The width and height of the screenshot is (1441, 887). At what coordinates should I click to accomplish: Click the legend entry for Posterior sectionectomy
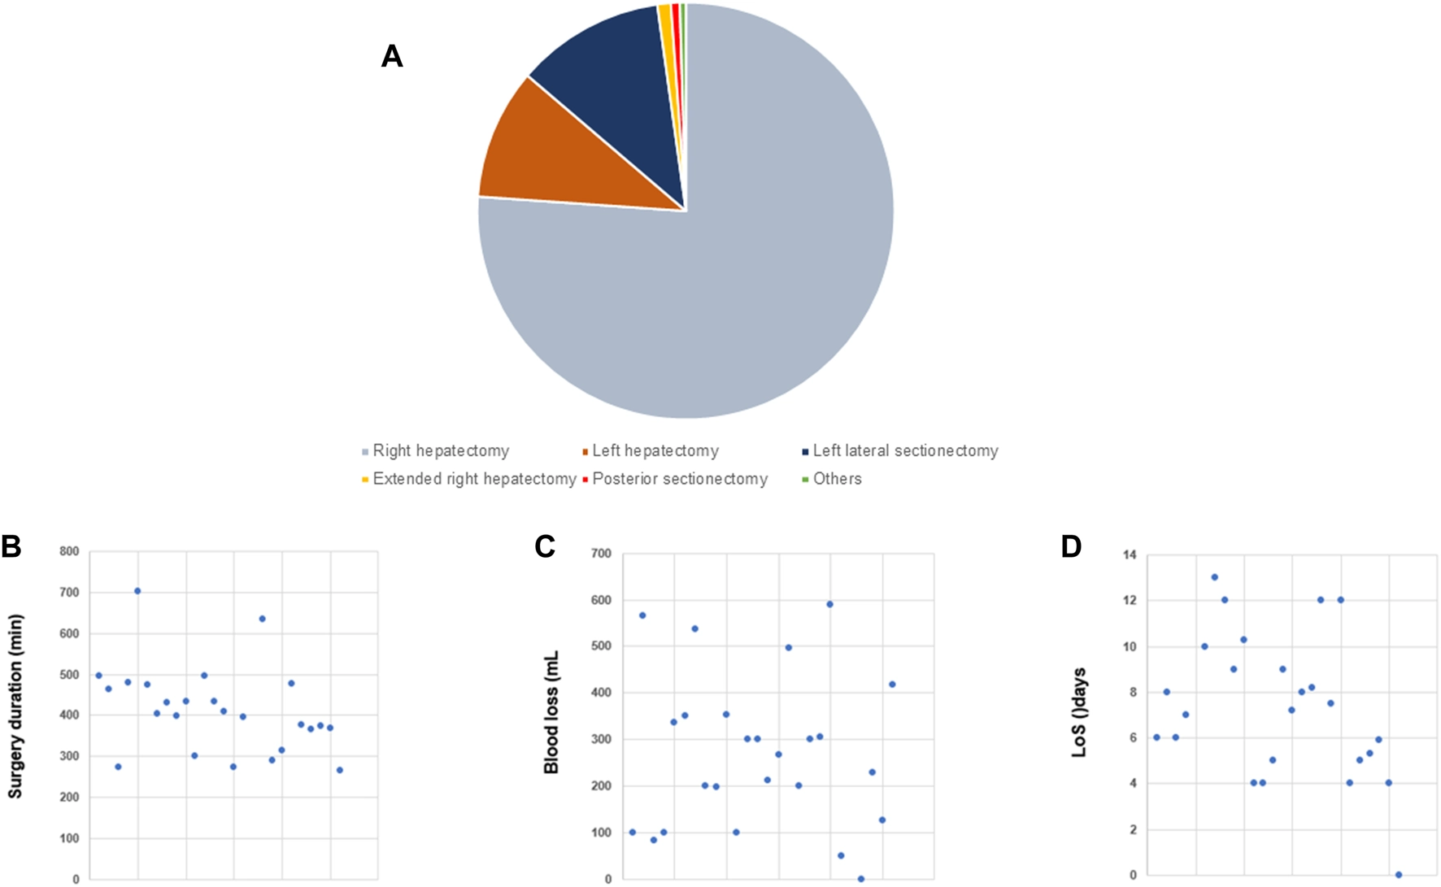[x=680, y=479]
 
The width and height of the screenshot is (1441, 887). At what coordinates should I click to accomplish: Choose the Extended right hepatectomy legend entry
[x=474, y=479]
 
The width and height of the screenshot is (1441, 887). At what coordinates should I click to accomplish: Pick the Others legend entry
[x=837, y=479]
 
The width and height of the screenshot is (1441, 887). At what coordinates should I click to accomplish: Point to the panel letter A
[x=392, y=56]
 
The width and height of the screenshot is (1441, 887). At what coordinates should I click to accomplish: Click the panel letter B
[x=11, y=547]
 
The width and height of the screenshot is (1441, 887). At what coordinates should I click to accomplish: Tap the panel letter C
[x=545, y=547]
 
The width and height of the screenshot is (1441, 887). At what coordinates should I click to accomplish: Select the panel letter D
[x=1071, y=547]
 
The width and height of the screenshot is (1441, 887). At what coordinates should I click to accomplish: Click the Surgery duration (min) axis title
[x=15, y=706]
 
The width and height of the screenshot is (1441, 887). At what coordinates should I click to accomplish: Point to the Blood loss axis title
[x=551, y=712]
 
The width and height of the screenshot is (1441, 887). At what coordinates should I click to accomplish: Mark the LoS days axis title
[x=1079, y=713]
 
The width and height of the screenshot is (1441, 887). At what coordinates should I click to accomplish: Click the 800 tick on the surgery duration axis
[x=69, y=551]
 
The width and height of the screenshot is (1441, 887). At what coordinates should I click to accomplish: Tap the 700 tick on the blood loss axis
[x=602, y=554]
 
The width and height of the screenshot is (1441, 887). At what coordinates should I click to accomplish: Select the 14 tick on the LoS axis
[x=1130, y=554]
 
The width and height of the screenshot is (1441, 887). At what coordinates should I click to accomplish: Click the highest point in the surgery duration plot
[x=137, y=591]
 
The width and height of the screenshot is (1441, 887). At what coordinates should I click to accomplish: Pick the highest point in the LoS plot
[x=1214, y=577]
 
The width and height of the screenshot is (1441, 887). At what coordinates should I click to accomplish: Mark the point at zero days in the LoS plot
[x=1398, y=875]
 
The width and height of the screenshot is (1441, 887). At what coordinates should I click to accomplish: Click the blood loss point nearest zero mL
[x=861, y=879]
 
